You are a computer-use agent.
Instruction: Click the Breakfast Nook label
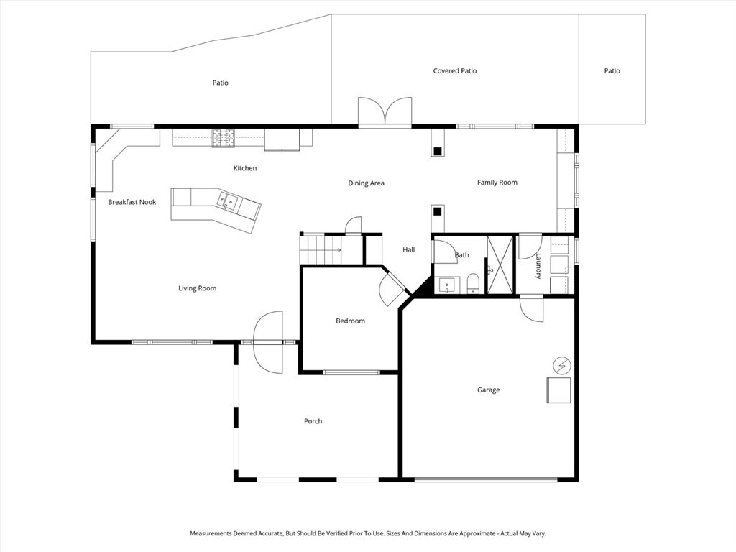click(132, 202)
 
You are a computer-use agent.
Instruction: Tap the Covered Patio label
click(455, 71)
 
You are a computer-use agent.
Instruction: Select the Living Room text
click(197, 288)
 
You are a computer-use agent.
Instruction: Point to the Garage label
click(488, 390)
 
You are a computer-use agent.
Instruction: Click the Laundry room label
click(538, 265)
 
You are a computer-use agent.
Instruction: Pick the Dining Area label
click(366, 183)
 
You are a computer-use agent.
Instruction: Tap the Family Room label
click(497, 183)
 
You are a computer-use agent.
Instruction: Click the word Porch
click(313, 421)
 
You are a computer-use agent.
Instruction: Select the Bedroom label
click(350, 321)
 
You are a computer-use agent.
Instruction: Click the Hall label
click(408, 249)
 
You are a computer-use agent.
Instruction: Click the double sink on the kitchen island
click(227, 201)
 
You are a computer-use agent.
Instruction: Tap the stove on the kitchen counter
click(223, 137)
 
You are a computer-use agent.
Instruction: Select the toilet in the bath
click(473, 283)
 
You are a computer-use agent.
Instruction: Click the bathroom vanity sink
click(447, 285)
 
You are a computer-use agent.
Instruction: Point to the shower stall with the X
click(500, 264)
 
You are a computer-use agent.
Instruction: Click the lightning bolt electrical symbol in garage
click(561, 366)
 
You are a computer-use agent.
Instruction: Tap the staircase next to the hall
click(321, 250)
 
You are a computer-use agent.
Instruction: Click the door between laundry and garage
click(532, 309)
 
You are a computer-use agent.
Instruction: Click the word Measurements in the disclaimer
click(215, 533)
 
